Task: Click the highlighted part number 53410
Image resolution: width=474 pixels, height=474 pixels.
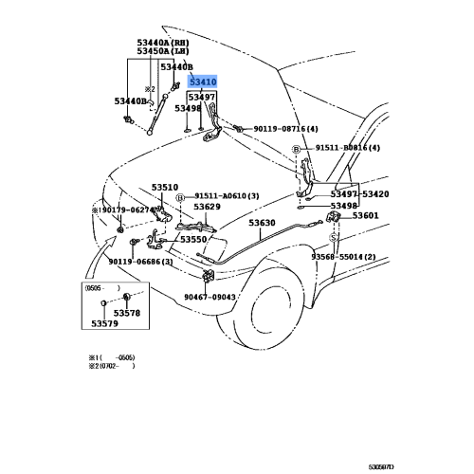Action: click(x=203, y=82)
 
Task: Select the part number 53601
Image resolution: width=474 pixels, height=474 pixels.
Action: click(x=365, y=216)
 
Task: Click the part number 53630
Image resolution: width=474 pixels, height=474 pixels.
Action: click(x=262, y=224)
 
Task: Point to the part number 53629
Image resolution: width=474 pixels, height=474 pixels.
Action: click(x=207, y=207)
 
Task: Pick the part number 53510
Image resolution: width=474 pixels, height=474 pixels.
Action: click(x=165, y=188)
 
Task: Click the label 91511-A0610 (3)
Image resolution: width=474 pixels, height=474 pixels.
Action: click(x=228, y=195)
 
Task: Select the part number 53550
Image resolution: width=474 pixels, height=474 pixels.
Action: click(x=193, y=240)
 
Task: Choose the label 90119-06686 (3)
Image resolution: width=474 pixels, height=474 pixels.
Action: click(x=140, y=262)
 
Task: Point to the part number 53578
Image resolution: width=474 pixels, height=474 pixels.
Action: click(x=126, y=313)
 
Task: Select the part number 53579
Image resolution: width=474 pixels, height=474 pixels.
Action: click(x=106, y=324)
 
